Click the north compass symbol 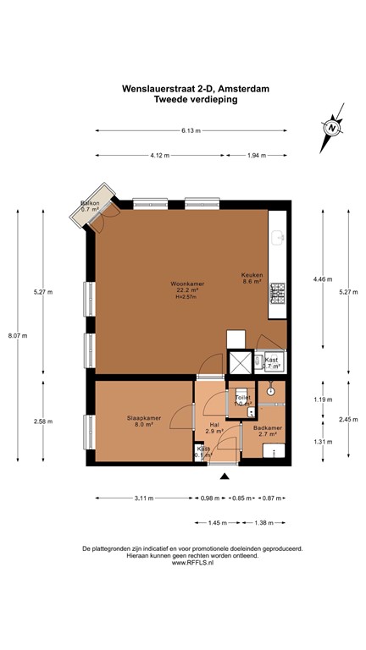pos(334,127)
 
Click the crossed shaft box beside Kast pos(240,362)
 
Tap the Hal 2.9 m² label pos(213,428)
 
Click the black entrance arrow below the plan pos(225,478)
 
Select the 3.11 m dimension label pos(144,498)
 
